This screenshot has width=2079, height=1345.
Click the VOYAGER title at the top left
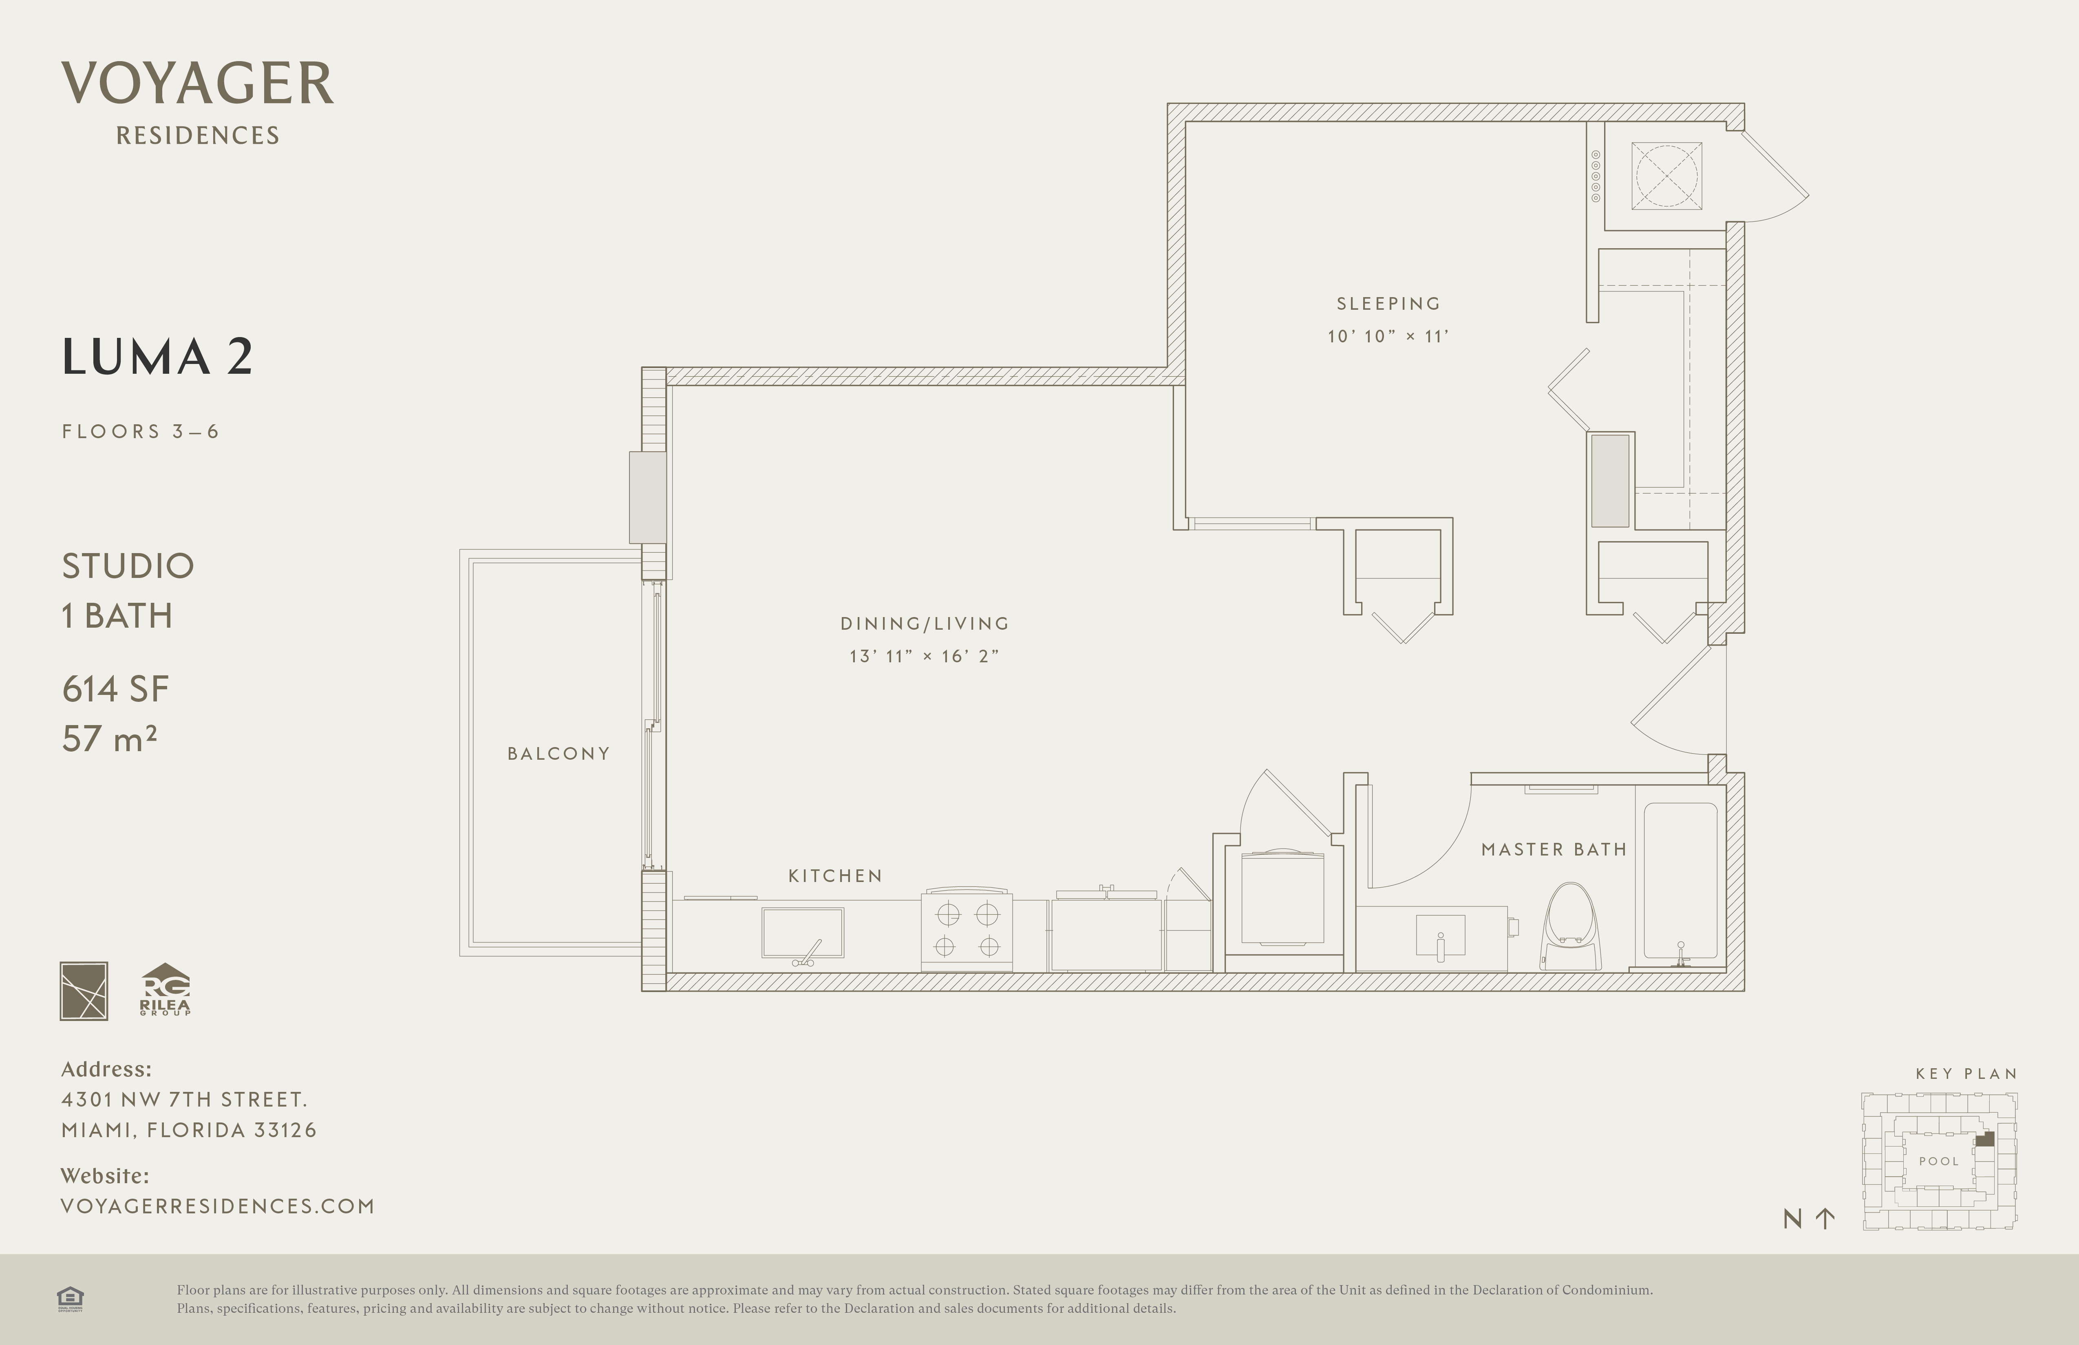click(x=197, y=84)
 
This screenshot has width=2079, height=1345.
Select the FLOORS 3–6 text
click(x=140, y=432)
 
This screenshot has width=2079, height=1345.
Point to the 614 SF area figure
click(x=115, y=689)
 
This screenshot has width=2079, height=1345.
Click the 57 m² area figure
click(x=109, y=739)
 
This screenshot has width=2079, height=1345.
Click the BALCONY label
click(x=558, y=754)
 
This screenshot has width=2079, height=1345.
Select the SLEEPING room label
click(x=1388, y=304)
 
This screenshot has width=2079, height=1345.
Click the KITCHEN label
click(x=835, y=876)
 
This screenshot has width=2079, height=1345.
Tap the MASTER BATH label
click(x=1554, y=850)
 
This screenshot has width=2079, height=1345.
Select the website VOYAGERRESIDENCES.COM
click(x=218, y=1206)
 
